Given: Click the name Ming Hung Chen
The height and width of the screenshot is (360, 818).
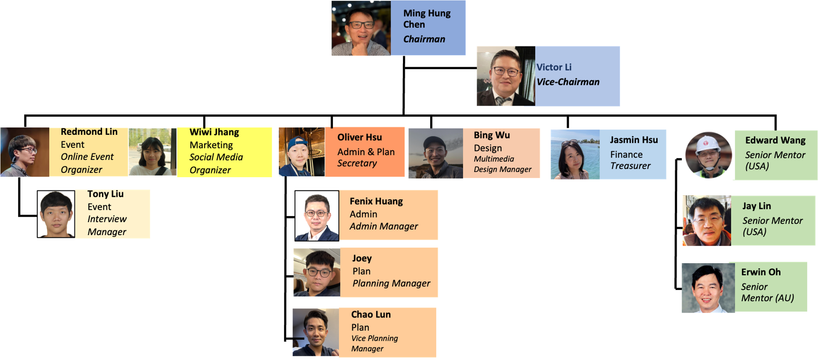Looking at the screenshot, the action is click(427, 18).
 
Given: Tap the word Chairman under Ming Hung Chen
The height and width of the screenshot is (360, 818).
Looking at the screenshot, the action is click(424, 39).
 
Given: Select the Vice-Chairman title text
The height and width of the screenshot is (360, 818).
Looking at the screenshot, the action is click(568, 82).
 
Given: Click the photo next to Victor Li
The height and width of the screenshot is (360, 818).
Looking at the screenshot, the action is click(505, 76).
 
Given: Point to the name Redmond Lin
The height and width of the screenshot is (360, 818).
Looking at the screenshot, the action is click(89, 132).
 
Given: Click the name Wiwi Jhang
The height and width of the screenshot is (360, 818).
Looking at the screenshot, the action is click(214, 132).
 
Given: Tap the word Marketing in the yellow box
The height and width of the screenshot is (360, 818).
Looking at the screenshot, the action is click(211, 145).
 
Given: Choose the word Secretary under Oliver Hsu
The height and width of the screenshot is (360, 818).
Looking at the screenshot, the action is click(357, 163).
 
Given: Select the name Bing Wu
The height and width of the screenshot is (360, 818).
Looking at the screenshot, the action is click(491, 135).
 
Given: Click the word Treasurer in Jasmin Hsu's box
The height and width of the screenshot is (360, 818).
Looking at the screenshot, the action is click(630, 166).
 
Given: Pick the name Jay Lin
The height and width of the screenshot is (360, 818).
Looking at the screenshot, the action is click(756, 206).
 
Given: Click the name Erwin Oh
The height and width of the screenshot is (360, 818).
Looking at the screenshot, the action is click(760, 272).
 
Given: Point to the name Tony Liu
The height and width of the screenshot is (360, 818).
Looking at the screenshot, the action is click(105, 194).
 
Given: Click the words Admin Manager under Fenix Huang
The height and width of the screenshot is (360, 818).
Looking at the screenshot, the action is click(383, 226).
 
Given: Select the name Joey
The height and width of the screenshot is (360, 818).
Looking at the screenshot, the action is click(362, 258).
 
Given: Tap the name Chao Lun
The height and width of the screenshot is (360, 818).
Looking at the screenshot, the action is click(371, 314).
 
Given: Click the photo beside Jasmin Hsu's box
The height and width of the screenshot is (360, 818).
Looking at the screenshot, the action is click(575, 154).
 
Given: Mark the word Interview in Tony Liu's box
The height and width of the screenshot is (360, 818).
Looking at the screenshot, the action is click(107, 219).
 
